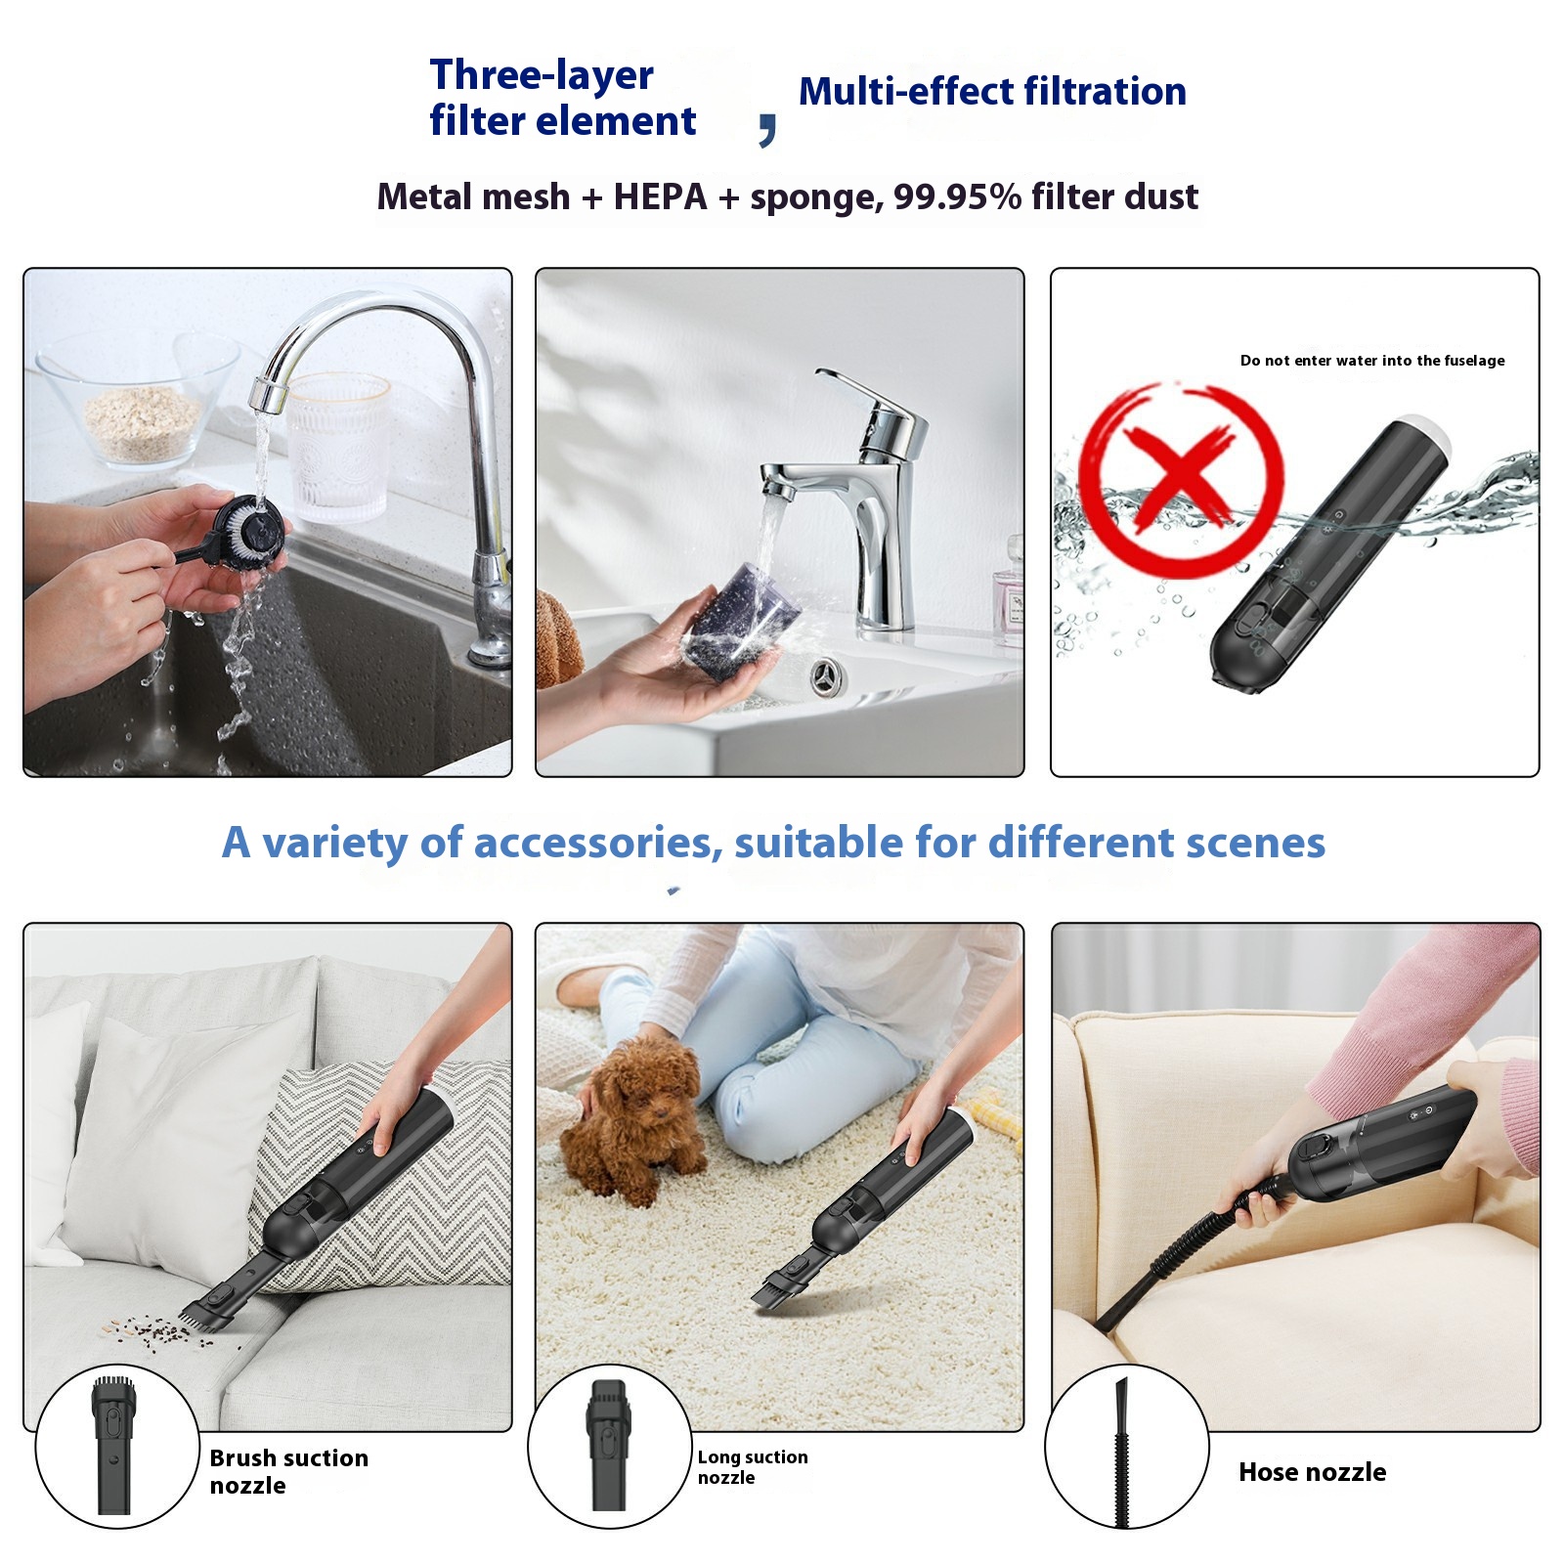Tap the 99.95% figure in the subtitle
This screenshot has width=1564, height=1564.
coord(957,196)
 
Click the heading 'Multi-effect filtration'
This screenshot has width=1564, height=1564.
coord(992,91)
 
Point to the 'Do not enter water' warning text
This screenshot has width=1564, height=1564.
coord(1372,361)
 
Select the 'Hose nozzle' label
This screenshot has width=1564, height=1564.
coord(1312,1472)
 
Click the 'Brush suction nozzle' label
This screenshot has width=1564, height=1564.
coord(289,1471)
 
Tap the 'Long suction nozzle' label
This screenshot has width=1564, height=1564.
coord(753,1466)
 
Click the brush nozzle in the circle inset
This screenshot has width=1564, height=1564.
coord(112,1446)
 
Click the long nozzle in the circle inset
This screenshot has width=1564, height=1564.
coord(607,1445)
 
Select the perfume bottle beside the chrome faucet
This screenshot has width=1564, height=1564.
coord(1008,599)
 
